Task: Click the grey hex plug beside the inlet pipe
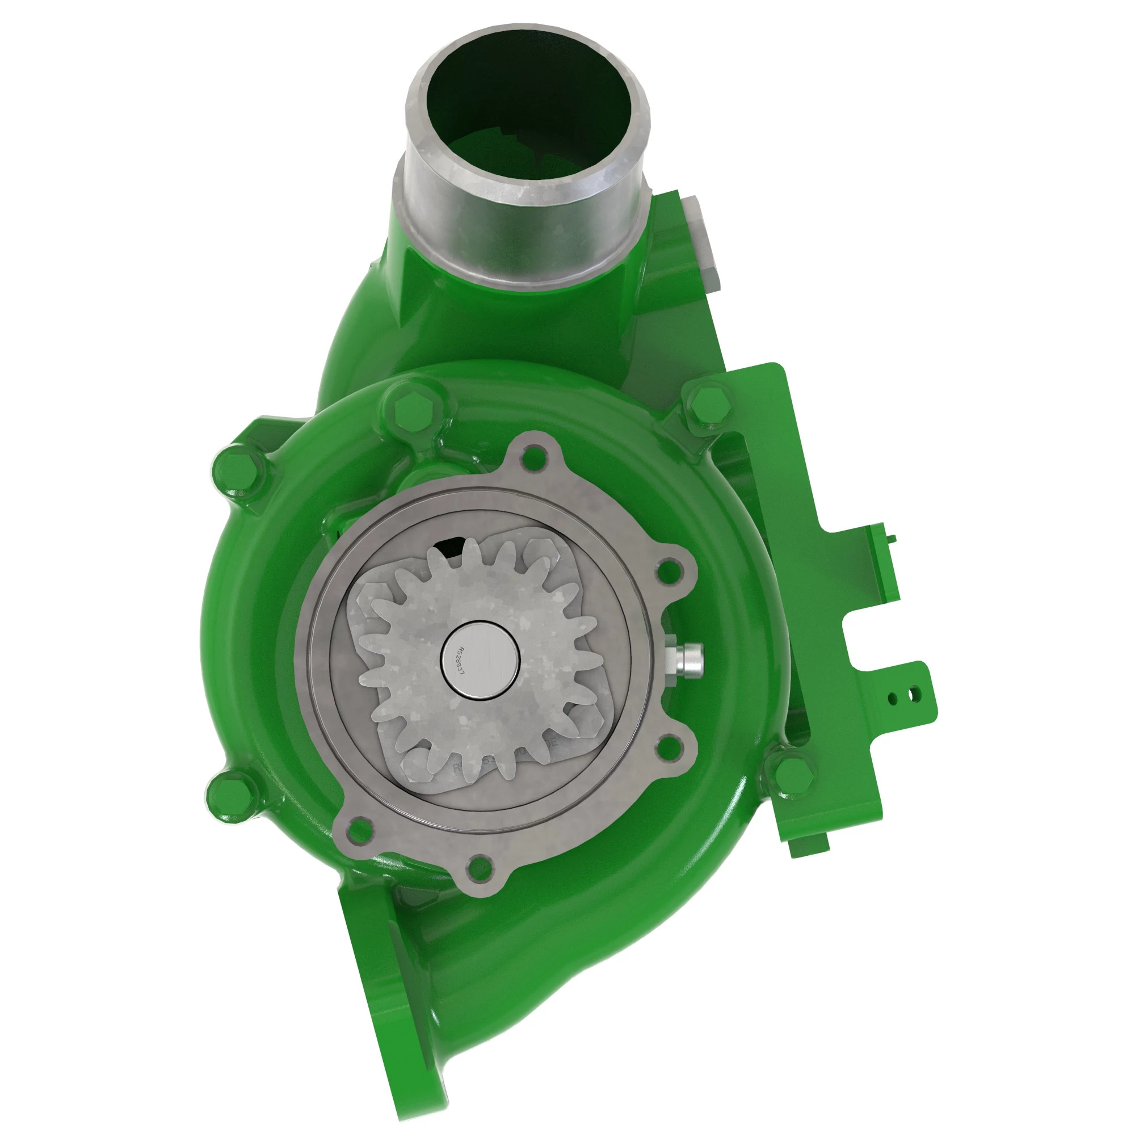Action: (703, 241)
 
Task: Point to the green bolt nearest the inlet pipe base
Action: (413, 407)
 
